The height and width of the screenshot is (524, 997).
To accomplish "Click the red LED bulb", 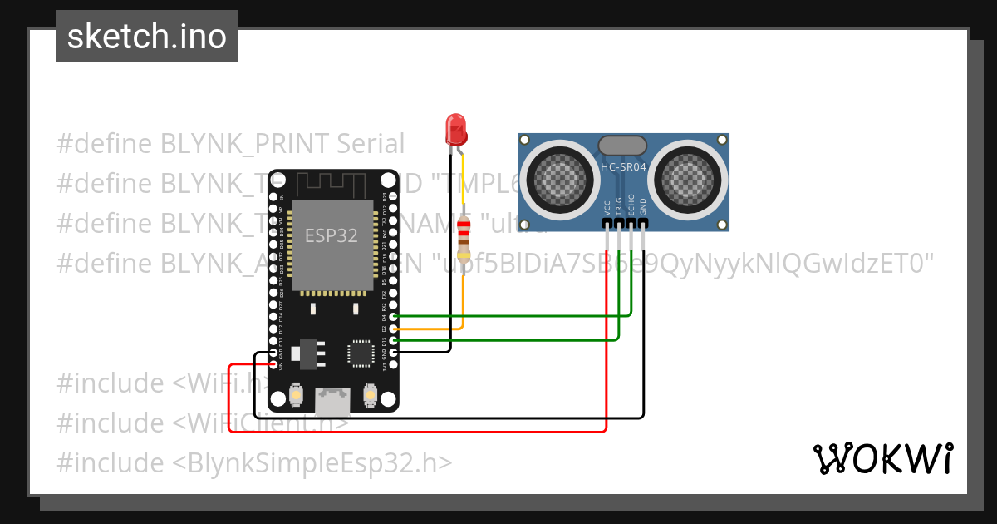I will point(456,129).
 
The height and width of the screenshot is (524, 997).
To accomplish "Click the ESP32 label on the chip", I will point(331,235).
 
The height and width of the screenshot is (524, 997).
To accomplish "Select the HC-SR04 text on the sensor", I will point(623,167).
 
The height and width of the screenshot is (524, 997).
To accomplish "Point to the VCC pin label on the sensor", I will point(607,208).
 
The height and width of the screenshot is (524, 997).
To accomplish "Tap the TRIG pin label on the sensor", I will point(619,207).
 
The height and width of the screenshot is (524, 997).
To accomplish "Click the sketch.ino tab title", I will point(147,37).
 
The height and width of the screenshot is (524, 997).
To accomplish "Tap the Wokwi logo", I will point(882,458).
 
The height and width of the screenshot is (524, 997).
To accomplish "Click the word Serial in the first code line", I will point(371,144).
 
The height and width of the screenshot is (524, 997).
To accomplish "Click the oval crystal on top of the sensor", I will point(622,146).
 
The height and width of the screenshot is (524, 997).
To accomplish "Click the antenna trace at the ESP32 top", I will point(332,182).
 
